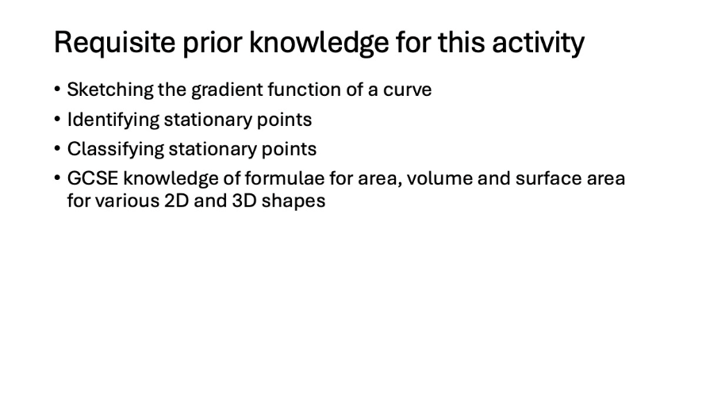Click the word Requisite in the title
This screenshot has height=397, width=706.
coord(114,43)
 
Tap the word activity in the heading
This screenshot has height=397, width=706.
coord(538,43)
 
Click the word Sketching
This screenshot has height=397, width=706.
coord(110,90)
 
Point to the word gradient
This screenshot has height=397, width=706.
coord(228,90)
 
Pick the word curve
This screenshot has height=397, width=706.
coord(407,90)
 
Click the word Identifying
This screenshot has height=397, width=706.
coord(113,120)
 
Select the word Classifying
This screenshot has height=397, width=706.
coord(116,149)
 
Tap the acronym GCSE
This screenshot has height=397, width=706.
coord(93,178)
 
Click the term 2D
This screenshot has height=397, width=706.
coord(176,200)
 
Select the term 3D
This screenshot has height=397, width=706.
coord(244,200)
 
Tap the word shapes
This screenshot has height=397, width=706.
coord(294,201)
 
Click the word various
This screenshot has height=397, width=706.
coord(127,200)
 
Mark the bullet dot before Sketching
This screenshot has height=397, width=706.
coord(57,89)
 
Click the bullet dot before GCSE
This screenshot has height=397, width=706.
coord(57,178)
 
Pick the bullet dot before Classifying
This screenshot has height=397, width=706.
coord(57,148)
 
